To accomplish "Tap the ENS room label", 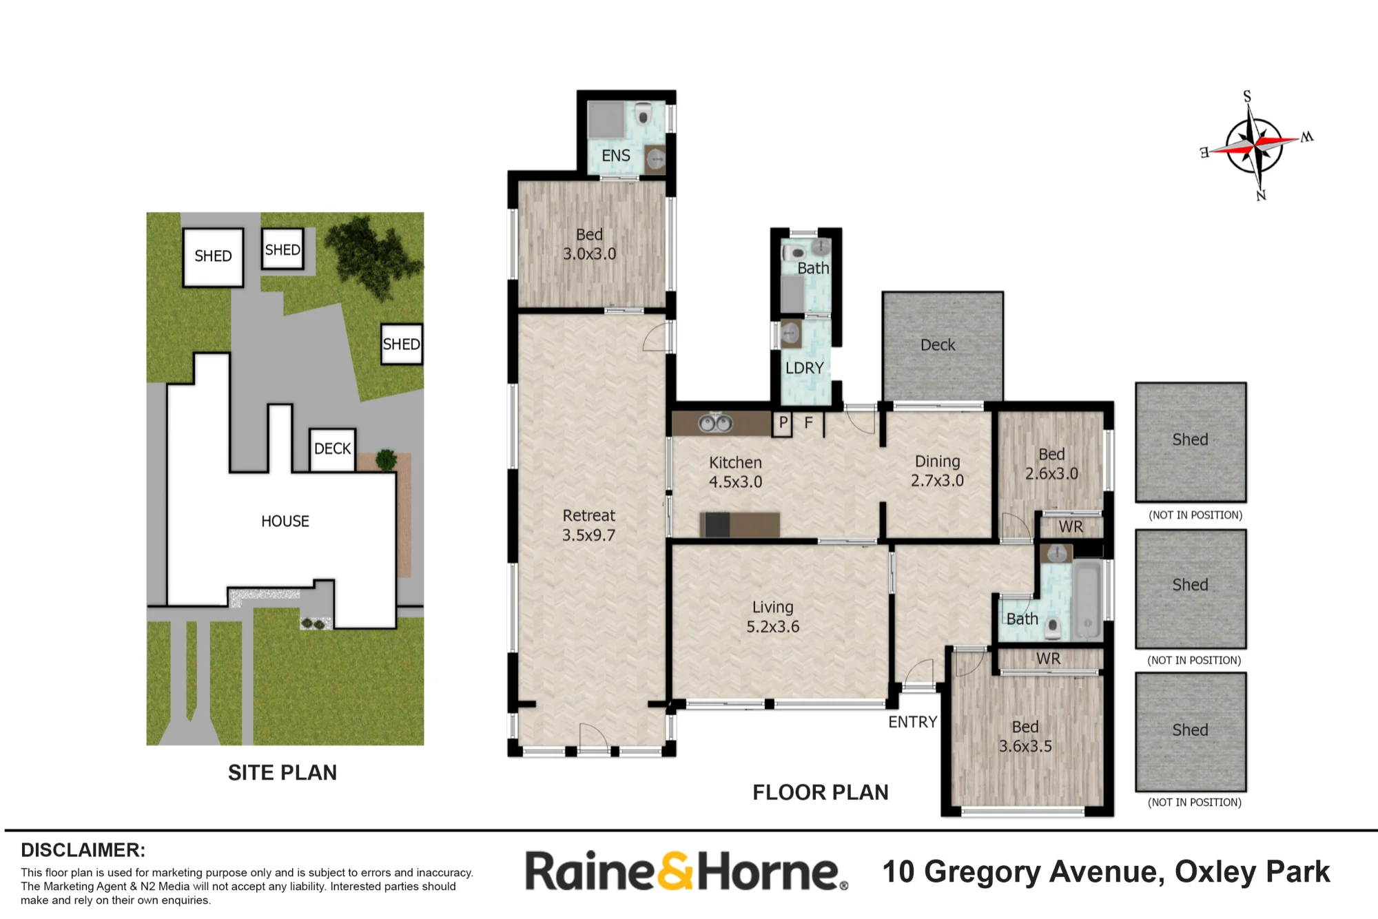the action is click(x=616, y=156).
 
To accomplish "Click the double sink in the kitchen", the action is click(x=716, y=423).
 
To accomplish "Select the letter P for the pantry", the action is click(x=783, y=422).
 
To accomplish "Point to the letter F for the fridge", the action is click(x=809, y=422).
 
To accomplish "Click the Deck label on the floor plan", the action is click(x=938, y=344).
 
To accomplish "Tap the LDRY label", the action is click(x=805, y=368).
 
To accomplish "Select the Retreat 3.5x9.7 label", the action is click(x=589, y=525).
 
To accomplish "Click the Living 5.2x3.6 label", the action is click(x=773, y=617).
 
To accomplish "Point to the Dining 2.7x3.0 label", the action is click(x=938, y=471).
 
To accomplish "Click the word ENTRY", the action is click(x=913, y=722).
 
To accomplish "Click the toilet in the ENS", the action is click(x=644, y=114).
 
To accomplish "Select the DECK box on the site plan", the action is click(x=333, y=449).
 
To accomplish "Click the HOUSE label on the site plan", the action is click(x=285, y=522).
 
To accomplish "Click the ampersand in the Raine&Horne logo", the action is click(x=677, y=871).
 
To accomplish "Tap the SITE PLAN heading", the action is click(x=282, y=773).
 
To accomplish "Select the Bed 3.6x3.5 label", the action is click(x=1025, y=736).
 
